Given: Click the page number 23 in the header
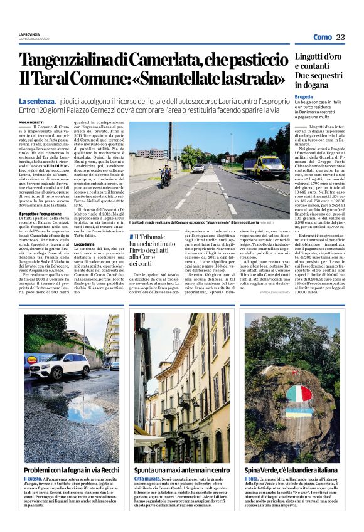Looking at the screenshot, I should [x=340, y=37].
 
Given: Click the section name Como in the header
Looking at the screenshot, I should [x=323, y=37].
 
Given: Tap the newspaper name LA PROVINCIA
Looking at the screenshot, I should [x=29, y=34].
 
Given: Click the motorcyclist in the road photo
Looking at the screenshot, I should [x=165, y=175].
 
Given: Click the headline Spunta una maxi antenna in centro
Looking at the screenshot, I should [x=182, y=469].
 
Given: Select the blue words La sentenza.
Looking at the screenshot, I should [x=36, y=102].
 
